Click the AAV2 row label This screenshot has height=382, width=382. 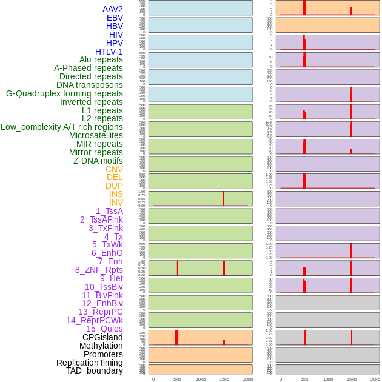113,9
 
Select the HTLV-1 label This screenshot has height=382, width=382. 109,52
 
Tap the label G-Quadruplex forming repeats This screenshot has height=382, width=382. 64,93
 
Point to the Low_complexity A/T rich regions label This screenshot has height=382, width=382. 62,127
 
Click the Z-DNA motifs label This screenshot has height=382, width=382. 98,161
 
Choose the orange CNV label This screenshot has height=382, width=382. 114,169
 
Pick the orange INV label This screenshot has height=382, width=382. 116,203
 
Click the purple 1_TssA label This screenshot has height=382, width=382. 109,211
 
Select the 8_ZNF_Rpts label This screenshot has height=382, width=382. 99,270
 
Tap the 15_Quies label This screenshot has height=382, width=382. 104,329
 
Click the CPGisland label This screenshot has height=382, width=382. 102,337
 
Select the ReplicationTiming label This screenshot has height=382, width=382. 90,363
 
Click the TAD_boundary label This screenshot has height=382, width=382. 95,370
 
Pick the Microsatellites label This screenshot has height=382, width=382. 96,135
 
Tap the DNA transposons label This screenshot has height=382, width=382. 90,85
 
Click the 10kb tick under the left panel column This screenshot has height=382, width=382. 201,379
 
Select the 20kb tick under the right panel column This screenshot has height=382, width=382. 375,379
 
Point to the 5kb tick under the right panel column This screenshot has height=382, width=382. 304,379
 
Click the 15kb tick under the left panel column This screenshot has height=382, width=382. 224,379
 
